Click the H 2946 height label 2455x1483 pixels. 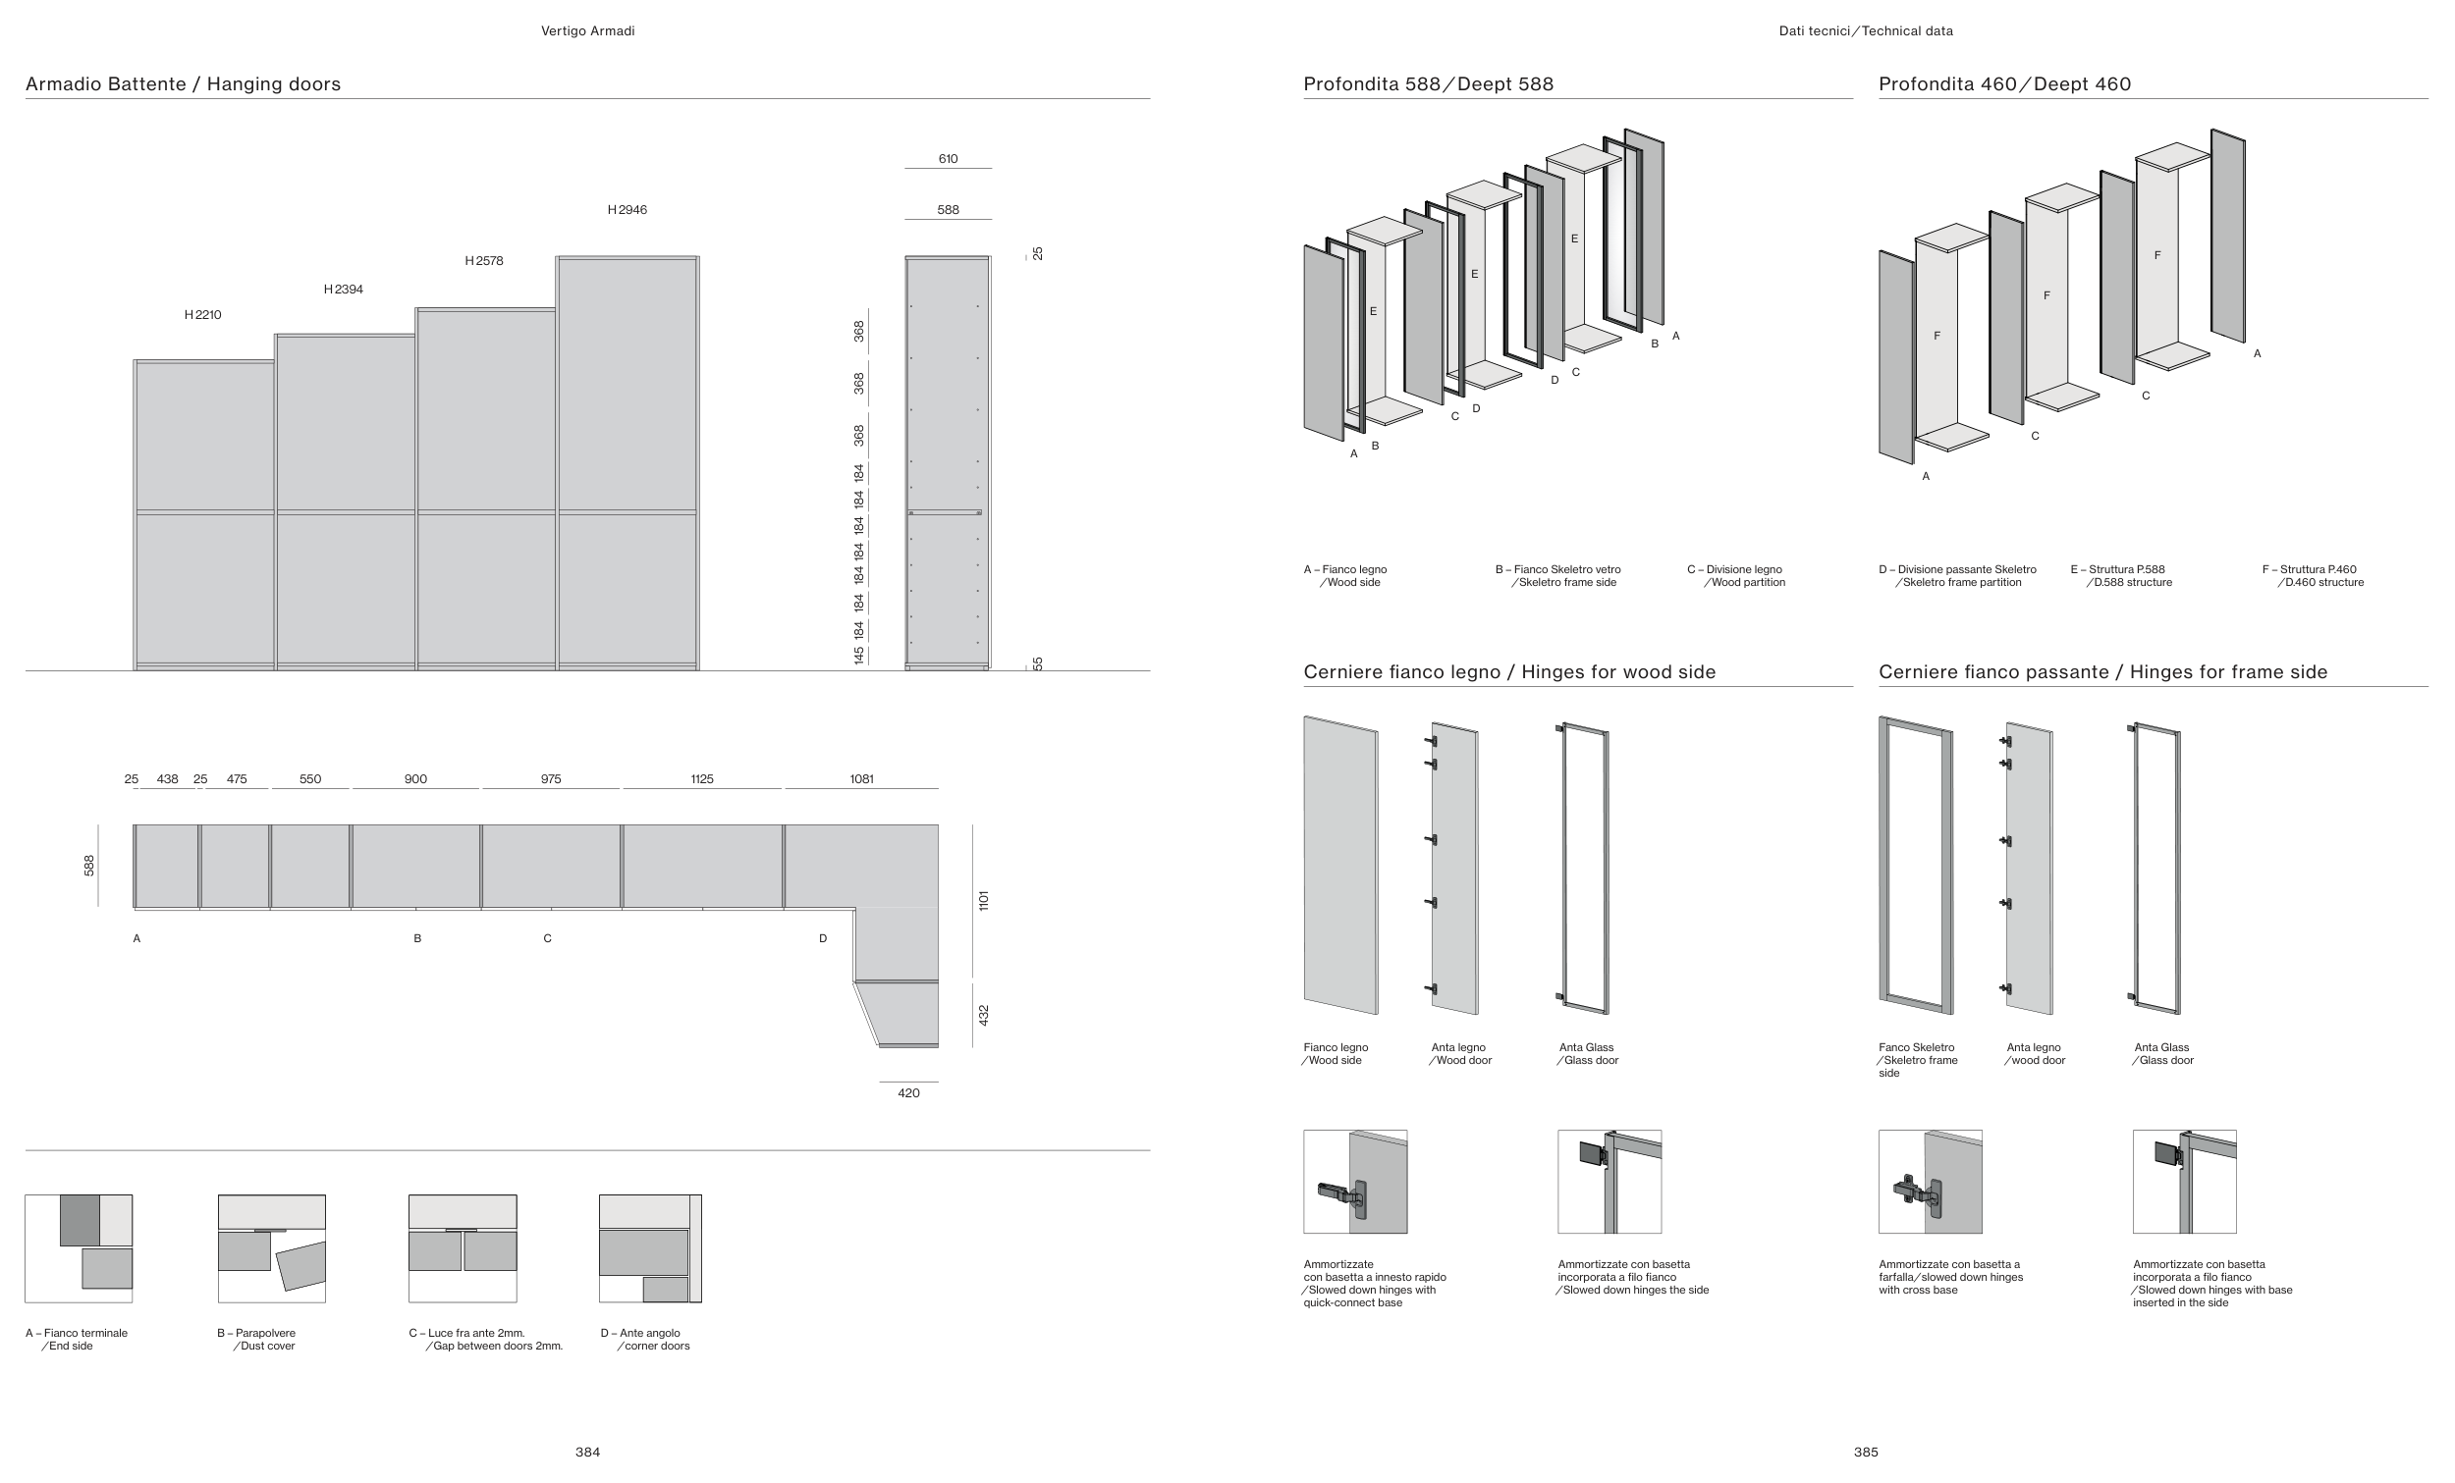(627, 210)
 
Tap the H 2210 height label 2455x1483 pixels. (202, 315)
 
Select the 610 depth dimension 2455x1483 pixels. (948, 159)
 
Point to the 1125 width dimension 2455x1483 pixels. (701, 779)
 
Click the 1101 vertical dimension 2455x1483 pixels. (983, 900)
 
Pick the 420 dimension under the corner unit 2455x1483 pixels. (908, 1092)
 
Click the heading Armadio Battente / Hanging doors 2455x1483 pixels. (183, 83)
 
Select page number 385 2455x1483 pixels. (1865, 1453)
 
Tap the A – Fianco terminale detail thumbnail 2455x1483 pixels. (79, 1248)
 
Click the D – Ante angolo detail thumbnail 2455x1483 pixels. (650, 1248)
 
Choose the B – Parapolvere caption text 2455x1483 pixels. (257, 1340)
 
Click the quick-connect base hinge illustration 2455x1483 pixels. (1355, 1182)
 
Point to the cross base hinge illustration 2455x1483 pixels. (1929, 1182)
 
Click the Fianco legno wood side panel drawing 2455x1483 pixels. (1340, 865)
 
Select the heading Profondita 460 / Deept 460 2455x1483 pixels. (2003, 83)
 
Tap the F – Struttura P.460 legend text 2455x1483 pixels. (2313, 576)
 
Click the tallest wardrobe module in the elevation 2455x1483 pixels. (627, 463)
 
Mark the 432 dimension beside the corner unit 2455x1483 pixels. (983, 1015)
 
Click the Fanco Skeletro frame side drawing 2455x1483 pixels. (1915, 865)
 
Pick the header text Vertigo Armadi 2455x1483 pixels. (587, 30)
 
